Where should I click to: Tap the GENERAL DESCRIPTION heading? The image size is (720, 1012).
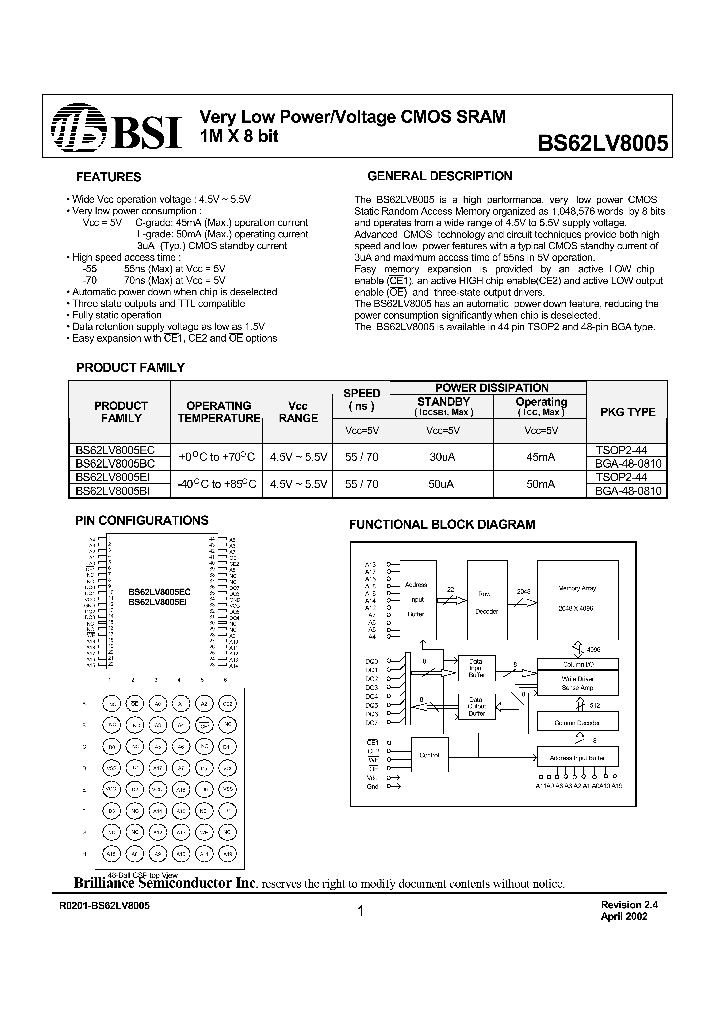tap(440, 176)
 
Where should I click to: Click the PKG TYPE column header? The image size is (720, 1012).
tap(627, 412)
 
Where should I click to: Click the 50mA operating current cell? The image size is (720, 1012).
tap(541, 483)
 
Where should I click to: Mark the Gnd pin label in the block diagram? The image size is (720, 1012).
tap(371, 786)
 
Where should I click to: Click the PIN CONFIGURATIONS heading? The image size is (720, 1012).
tap(142, 521)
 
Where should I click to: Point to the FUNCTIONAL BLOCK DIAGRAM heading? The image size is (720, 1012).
tap(441, 525)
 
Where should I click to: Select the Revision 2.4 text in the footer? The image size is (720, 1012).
tap(625, 903)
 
